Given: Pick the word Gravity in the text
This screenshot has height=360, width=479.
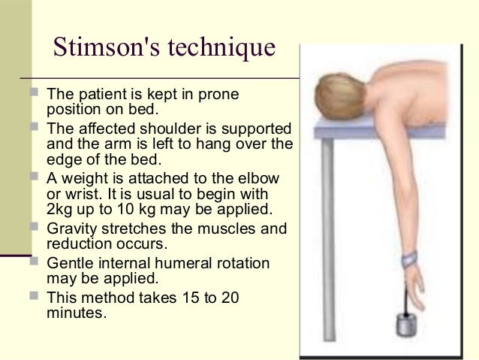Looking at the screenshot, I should [x=72, y=225].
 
